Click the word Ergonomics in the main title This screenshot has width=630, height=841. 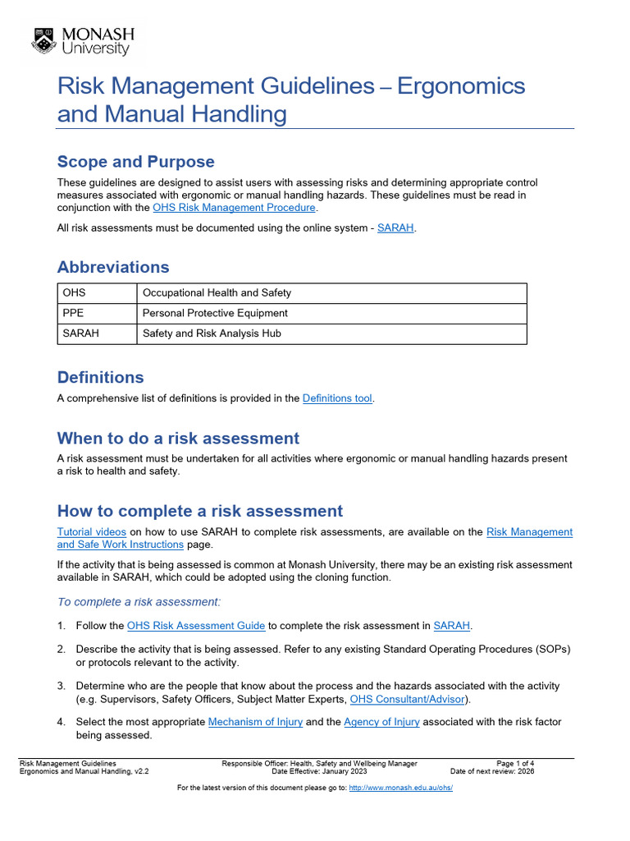(461, 86)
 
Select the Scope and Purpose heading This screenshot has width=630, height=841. (135, 161)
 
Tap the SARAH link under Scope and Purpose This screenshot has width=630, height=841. (395, 227)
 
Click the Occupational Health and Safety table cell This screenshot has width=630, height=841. (217, 292)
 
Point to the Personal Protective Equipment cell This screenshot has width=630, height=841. (215, 313)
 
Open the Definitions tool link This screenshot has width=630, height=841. (337, 398)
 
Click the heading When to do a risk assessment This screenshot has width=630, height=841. (178, 438)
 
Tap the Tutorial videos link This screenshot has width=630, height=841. (91, 531)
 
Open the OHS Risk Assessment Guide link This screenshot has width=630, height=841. (196, 626)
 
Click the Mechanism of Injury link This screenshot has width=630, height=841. (255, 722)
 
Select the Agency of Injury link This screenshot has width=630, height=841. (381, 722)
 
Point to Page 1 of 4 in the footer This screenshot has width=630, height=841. (515, 764)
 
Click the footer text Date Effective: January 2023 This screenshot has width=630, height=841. (319, 772)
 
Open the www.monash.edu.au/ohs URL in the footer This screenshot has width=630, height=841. (400, 788)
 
